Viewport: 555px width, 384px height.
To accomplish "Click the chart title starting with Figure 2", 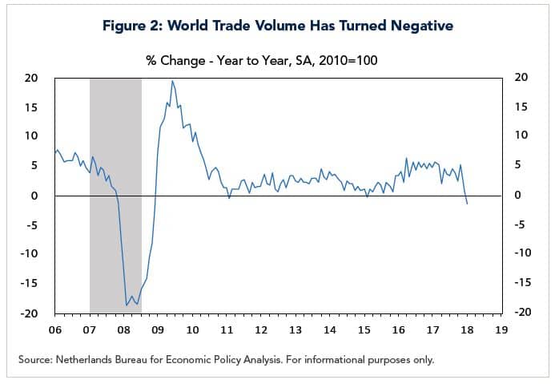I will (x=277, y=26).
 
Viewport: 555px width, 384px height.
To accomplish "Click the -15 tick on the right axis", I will (x=521, y=282).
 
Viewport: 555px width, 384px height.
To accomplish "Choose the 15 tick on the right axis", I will (x=521, y=107).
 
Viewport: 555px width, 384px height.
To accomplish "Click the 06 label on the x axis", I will (x=55, y=329).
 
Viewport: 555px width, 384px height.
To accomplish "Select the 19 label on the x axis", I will (x=501, y=329).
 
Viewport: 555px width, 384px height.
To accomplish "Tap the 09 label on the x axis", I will (x=158, y=329).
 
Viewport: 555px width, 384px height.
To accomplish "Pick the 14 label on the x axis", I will (x=330, y=329).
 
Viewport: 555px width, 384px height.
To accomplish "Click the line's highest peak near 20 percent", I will (x=172, y=80).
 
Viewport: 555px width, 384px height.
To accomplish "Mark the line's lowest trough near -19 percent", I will (x=127, y=305).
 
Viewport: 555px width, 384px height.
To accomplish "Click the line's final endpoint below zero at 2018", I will (x=467, y=204).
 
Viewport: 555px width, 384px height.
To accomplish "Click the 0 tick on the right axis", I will (x=517, y=195).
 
